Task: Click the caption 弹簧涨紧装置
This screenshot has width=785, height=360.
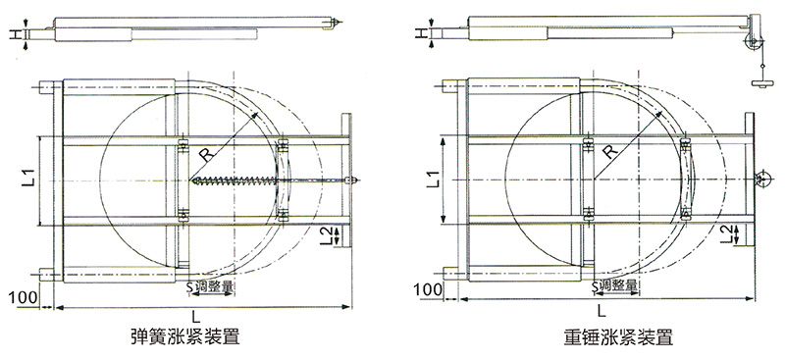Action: coord(184,335)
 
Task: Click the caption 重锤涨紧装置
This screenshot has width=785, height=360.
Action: coord(617,336)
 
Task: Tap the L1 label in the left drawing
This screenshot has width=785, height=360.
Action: coord(29,179)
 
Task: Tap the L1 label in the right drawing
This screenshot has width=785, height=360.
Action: coord(434,180)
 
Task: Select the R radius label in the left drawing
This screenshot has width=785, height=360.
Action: coord(206,154)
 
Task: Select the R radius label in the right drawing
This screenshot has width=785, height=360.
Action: coord(609,151)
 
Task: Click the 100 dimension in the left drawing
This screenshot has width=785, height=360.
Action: coord(23,297)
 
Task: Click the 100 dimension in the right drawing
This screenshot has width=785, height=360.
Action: coord(428,289)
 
